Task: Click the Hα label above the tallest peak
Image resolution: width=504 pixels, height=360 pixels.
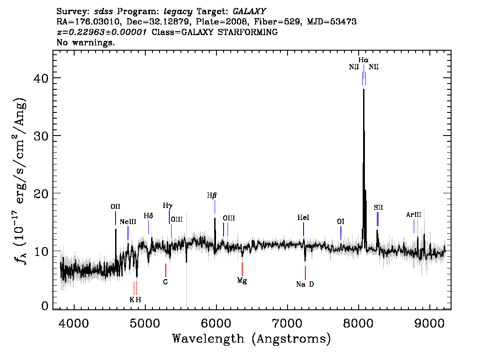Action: [364, 60]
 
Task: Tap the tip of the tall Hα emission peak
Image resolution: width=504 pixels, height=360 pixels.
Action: [364, 89]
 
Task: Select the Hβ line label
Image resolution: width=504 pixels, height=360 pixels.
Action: [212, 196]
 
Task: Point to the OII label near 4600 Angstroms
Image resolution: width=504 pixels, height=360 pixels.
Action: [116, 207]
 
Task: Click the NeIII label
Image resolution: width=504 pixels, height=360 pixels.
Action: [128, 222]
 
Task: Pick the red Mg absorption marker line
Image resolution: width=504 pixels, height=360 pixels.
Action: [242, 269]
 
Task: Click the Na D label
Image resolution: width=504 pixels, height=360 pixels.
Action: [305, 284]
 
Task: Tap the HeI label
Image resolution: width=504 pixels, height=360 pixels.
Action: [303, 218]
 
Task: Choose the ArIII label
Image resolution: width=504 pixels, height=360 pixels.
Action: [414, 215]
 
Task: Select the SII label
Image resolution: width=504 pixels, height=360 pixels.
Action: [378, 208]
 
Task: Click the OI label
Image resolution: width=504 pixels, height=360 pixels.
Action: [341, 222]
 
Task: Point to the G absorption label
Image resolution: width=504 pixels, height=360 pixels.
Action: [165, 282]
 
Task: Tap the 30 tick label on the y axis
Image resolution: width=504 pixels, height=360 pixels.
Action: [41, 136]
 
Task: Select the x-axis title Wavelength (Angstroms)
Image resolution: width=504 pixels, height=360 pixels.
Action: [252, 339]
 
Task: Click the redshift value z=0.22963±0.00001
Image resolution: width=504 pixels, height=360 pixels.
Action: [102, 32]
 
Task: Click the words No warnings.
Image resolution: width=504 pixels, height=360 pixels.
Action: [85, 42]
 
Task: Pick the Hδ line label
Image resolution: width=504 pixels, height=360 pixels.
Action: [148, 216]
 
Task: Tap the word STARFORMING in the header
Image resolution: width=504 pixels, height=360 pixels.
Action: [248, 32]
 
